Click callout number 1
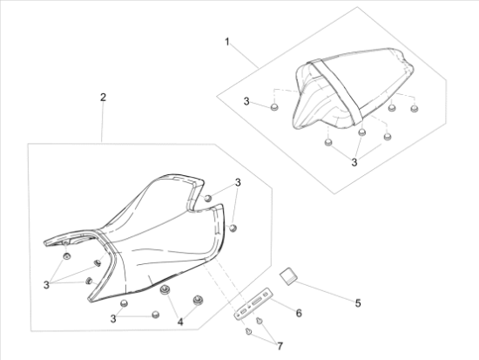pos(227,42)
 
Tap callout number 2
pos(103,97)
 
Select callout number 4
pos(180,323)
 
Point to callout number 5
pos(357,303)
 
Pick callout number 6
pos(299,312)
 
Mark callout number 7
pos(280,347)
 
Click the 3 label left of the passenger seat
pos(246,103)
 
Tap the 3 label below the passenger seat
pos(354,162)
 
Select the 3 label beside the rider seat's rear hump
pos(237,182)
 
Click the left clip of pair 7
pos(250,330)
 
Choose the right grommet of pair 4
pos(198,300)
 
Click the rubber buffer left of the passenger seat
pos(274,107)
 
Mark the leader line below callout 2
pos(103,122)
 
